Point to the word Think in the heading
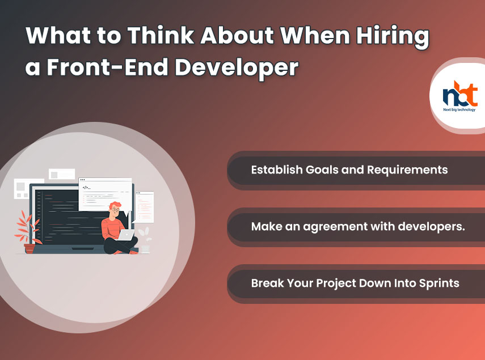point(161,35)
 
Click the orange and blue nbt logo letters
point(460,94)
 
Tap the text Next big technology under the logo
point(459,109)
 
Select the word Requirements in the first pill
point(407,170)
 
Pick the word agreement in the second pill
point(335,227)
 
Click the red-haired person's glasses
point(115,210)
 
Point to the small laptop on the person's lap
point(126,235)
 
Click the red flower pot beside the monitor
point(29,248)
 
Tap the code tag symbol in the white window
point(87,187)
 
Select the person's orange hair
point(115,205)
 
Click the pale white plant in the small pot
point(145,234)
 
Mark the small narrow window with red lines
point(144,207)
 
